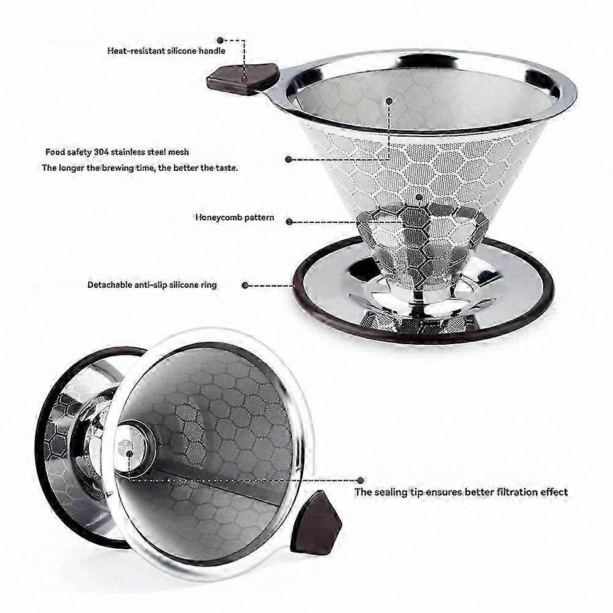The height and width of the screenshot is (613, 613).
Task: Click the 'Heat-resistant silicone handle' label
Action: (x=166, y=51)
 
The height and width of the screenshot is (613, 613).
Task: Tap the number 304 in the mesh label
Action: (x=101, y=152)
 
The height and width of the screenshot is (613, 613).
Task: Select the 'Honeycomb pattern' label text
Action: (x=235, y=217)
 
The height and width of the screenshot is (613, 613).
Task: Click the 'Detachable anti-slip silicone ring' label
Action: (x=152, y=285)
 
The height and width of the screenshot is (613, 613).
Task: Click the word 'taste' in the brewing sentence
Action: (x=226, y=168)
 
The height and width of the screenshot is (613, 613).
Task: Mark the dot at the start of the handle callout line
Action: (x=220, y=40)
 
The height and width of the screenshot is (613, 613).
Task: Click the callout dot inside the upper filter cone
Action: (x=389, y=101)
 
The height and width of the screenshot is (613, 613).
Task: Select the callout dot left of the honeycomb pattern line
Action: (x=289, y=222)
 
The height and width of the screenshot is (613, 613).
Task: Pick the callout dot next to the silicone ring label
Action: (x=245, y=285)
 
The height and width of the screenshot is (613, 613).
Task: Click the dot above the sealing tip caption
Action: (x=361, y=481)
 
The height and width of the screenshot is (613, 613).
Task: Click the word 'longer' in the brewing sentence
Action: (x=73, y=168)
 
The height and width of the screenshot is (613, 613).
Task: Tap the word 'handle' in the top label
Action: (x=212, y=51)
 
